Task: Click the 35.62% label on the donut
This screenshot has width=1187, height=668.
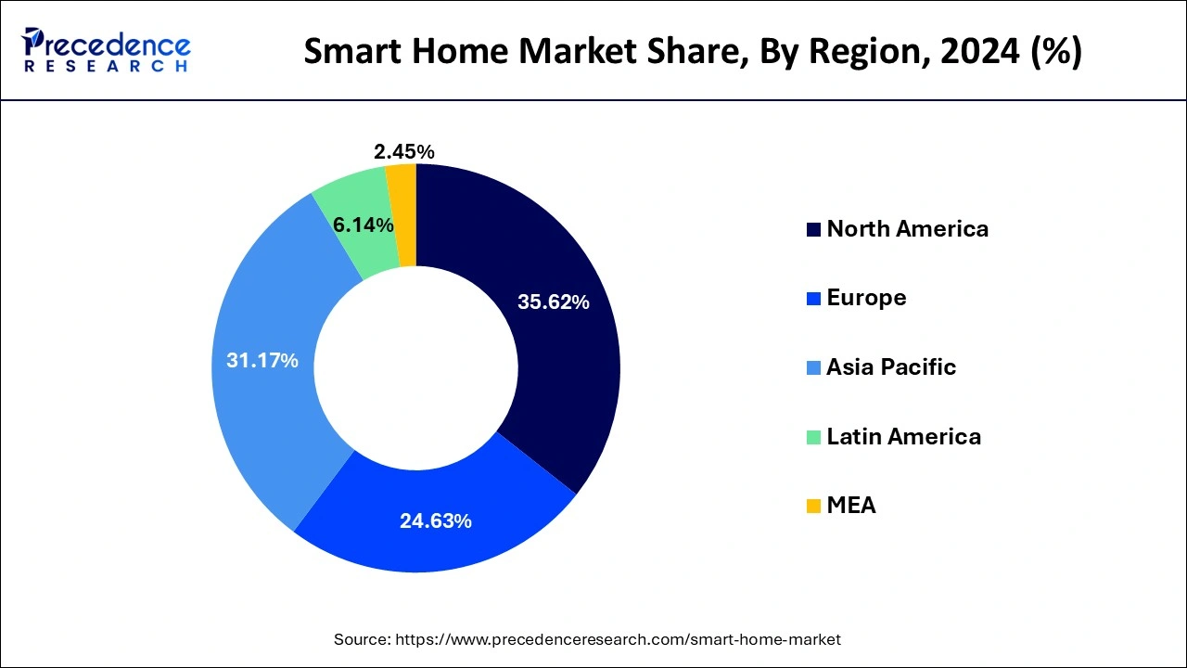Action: coord(554,302)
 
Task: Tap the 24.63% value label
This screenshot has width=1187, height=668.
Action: coord(436,521)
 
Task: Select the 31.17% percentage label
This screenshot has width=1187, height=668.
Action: coord(262,361)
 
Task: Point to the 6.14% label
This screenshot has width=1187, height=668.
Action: coord(363,225)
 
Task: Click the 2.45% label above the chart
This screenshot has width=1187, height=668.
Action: coord(404,152)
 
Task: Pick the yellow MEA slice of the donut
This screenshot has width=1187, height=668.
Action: coord(402,215)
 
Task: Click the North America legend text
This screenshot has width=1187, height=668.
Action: coord(907,229)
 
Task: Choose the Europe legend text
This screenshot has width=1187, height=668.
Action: coord(866,298)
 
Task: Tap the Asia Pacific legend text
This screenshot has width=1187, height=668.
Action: coord(890,367)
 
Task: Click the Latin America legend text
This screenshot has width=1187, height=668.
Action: coord(903,436)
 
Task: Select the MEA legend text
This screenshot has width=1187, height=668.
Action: coord(850,506)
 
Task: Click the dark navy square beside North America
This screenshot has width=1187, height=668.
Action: coord(813,230)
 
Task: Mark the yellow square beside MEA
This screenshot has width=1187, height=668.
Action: coord(813,507)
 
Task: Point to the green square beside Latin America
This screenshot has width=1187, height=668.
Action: coord(813,437)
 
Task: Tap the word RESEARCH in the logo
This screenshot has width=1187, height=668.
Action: coord(107,67)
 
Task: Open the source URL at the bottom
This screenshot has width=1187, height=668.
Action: coord(619,639)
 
